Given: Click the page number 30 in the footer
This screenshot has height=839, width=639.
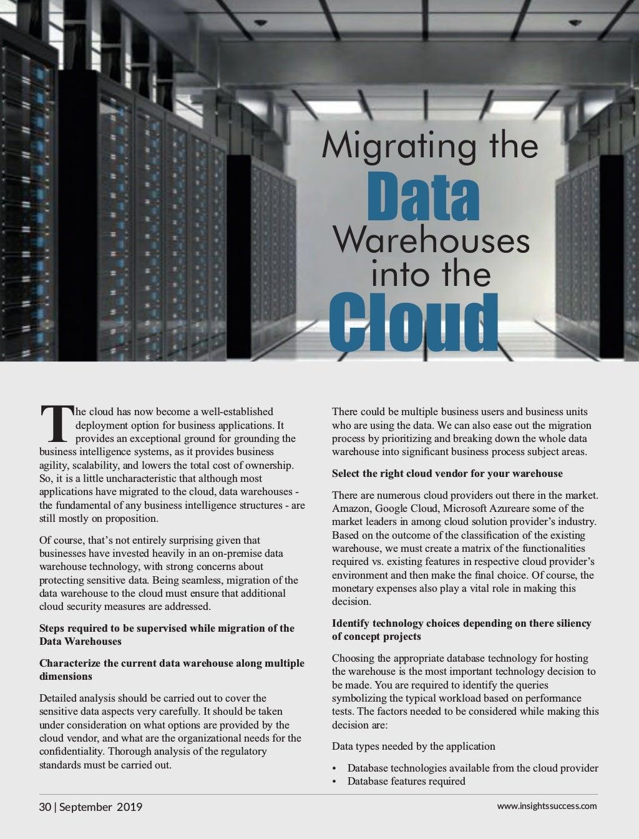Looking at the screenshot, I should pyautogui.click(x=45, y=807).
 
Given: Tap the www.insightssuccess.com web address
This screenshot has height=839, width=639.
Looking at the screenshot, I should pyautogui.click(x=547, y=805).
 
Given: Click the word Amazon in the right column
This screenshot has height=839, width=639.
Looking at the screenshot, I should pyautogui.click(x=350, y=508).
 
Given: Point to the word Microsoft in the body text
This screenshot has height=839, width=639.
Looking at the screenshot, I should pyautogui.click(x=464, y=508).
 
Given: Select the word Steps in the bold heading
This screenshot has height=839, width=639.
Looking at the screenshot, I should pyautogui.click(x=52, y=628).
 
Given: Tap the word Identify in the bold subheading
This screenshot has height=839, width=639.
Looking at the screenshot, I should pyautogui.click(x=351, y=623).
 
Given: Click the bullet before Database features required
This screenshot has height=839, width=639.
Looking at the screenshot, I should pyautogui.click(x=335, y=782).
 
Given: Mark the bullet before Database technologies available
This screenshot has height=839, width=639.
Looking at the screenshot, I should pyautogui.click(x=335, y=768).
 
